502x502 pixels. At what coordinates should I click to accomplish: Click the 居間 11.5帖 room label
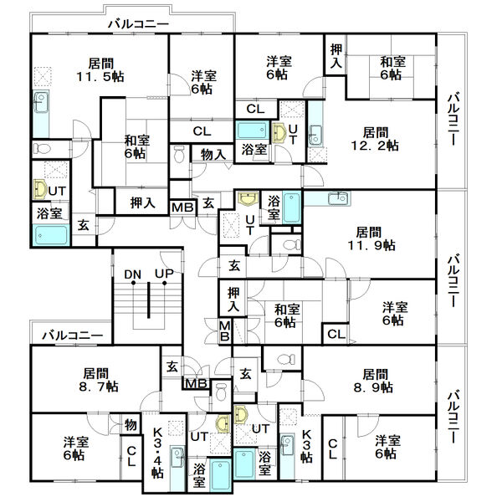(x=100, y=69)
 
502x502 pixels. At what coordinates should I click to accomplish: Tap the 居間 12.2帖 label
(x=375, y=139)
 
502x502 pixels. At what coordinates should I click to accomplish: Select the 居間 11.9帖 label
(x=371, y=238)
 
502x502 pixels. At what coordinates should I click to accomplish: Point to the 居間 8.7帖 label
(x=99, y=380)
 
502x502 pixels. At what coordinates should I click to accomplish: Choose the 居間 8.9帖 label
(x=374, y=381)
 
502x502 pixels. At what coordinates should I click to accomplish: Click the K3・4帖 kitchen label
(x=158, y=453)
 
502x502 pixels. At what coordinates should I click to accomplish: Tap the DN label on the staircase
(x=132, y=274)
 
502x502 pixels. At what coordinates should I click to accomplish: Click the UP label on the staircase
(x=164, y=274)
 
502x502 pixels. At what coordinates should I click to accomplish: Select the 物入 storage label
(x=213, y=155)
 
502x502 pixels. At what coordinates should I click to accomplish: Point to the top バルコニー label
(x=138, y=24)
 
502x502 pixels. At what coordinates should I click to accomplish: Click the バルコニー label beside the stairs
(x=73, y=336)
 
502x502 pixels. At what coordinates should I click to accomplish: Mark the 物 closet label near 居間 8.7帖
(x=131, y=425)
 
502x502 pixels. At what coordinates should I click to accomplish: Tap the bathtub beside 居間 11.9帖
(x=291, y=207)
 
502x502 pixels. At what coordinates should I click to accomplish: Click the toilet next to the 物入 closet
(x=180, y=154)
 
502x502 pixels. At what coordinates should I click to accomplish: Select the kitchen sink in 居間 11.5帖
(x=41, y=102)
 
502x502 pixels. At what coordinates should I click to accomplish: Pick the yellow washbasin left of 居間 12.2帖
(x=279, y=132)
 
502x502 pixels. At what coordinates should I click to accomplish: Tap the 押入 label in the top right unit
(x=336, y=56)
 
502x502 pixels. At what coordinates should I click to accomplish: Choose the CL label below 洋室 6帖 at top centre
(x=202, y=131)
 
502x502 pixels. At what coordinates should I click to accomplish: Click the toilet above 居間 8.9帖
(x=286, y=359)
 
